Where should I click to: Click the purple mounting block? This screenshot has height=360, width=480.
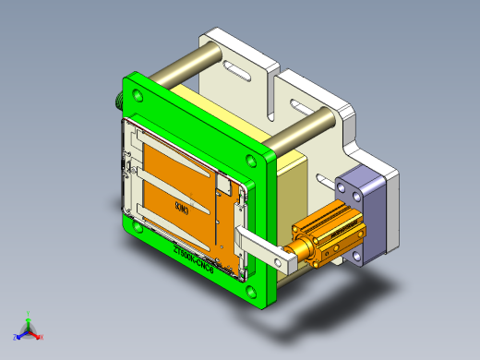tap(369, 212)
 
